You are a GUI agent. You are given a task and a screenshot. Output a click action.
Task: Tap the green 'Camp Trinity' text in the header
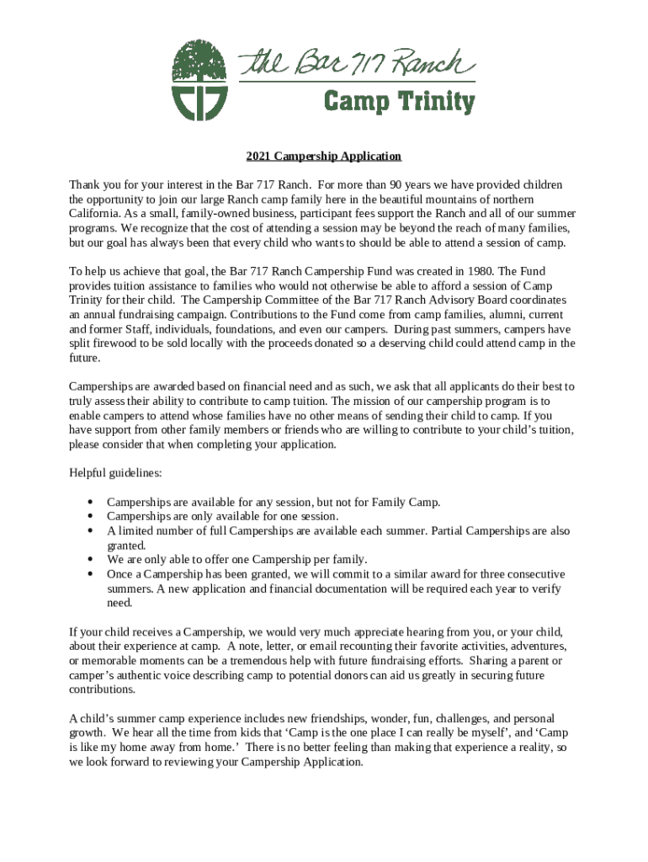[x=400, y=103]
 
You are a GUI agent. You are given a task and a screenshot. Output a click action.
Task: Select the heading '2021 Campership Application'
[x=323, y=157]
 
